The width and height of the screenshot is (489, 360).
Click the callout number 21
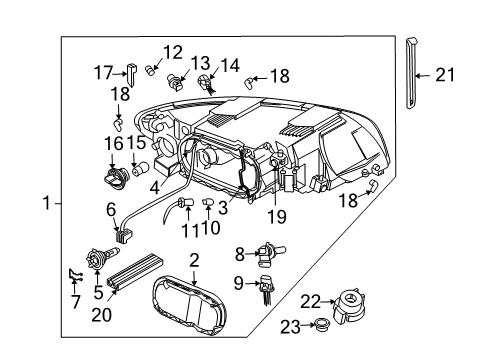coord(445,75)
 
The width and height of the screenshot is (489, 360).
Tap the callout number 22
coord(310,302)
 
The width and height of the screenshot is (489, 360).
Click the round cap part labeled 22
coord(350,306)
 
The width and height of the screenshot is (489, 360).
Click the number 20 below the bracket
coord(101,315)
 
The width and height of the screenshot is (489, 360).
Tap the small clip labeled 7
coord(76,275)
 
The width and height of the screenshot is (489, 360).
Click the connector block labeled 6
coord(124,235)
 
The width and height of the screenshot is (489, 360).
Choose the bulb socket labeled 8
coord(271,254)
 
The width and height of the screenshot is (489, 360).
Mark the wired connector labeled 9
coord(266,289)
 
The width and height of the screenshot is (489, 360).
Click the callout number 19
coord(277,217)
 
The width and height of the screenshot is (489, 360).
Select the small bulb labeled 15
coord(141,169)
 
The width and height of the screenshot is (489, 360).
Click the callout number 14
coord(230,66)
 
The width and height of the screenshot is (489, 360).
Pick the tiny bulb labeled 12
coord(151,70)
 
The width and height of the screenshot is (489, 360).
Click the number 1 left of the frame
coord(47,203)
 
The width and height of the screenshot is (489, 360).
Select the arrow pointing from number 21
coord(424,76)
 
